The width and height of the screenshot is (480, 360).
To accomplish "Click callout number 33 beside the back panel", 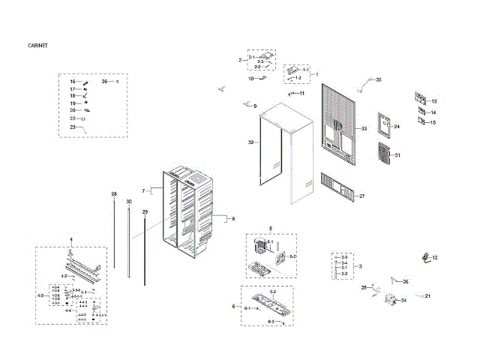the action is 364,129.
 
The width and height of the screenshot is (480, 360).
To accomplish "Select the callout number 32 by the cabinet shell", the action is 251,142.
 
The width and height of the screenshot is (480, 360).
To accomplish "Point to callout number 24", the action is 397,127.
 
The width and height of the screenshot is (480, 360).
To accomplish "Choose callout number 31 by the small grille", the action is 397,155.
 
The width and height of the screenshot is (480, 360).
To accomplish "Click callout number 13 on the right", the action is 433,101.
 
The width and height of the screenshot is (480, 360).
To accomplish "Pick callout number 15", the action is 433,122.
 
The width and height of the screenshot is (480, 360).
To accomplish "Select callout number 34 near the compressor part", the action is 403,300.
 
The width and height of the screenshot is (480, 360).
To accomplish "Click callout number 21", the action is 427,296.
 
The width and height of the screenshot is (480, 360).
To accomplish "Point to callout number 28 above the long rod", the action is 114,194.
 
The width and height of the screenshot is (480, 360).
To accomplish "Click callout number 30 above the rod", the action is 129,202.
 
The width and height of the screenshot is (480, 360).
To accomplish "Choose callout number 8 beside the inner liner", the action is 232,218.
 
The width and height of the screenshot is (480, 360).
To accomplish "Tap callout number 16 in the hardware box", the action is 73,81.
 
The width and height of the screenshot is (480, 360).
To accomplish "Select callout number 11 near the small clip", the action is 302,93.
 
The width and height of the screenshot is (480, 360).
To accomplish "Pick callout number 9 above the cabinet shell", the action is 254,106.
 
